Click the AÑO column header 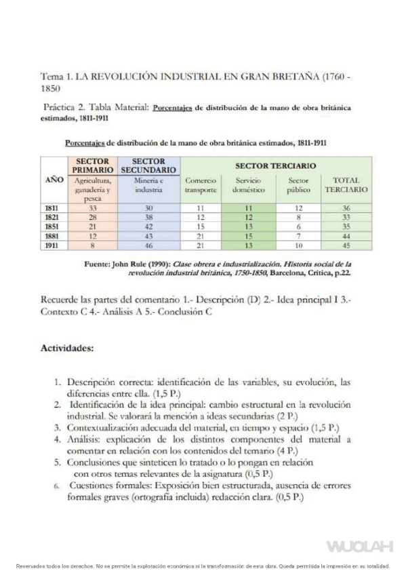click(54, 181)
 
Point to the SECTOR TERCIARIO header click(275, 165)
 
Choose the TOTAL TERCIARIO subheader click(346, 185)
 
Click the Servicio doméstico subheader click(249, 185)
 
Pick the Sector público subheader click(298, 185)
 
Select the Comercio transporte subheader click(201, 185)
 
